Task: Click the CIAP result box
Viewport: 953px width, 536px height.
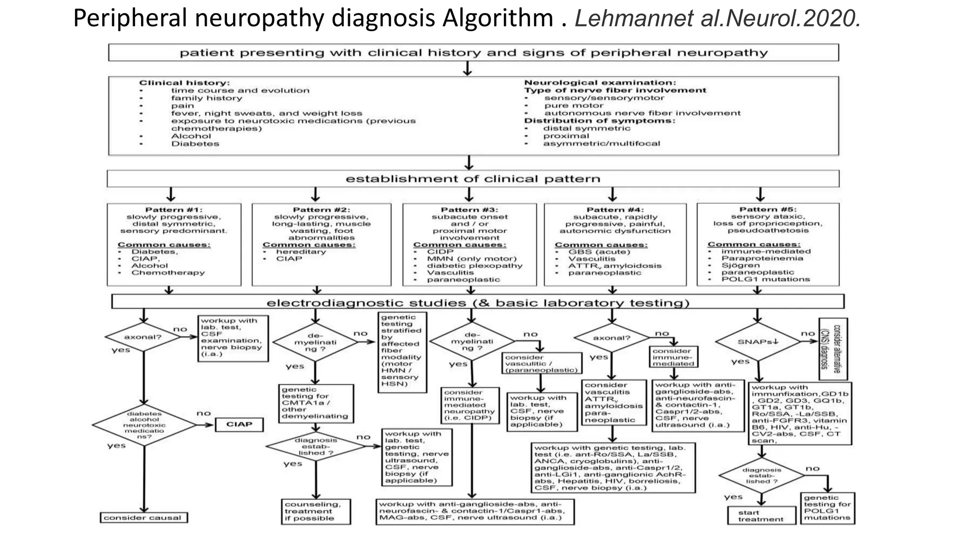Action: tap(239, 424)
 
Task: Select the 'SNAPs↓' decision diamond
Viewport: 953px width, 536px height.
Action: tap(758, 342)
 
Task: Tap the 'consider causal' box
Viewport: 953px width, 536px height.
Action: tap(143, 518)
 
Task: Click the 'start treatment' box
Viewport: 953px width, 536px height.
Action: tap(761, 516)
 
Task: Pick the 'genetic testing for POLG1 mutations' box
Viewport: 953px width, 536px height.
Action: tap(827, 508)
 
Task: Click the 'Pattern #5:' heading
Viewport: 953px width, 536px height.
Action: tap(768, 209)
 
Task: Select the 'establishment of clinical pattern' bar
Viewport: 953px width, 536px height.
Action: tap(473, 179)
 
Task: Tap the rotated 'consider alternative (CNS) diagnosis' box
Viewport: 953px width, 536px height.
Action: tap(833, 349)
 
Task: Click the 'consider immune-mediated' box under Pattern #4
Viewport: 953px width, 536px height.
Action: tap(673, 357)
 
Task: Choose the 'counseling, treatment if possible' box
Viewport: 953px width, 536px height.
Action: tap(316, 511)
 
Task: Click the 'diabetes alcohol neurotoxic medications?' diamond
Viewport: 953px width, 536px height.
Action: tap(144, 425)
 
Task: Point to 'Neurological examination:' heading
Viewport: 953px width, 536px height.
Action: tap(600, 83)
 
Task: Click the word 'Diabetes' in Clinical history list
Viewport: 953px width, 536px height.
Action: tap(195, 144)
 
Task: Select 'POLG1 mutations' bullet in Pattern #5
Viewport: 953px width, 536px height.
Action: tap(765, 279)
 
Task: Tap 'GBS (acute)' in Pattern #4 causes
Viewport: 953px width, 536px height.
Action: tap(599, 252)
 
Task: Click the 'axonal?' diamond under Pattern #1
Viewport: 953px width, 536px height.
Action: tap(143, 337)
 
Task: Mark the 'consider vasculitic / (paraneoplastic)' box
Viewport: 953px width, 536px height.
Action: tap(542, 363)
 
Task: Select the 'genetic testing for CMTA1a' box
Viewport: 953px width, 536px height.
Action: tap(315, 403)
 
